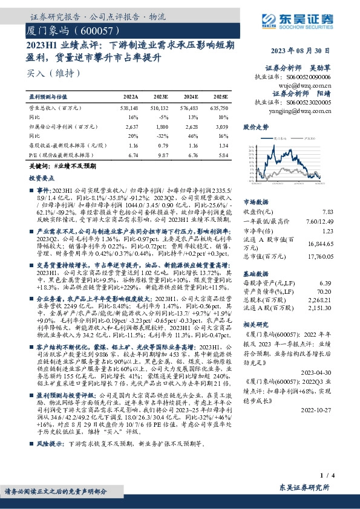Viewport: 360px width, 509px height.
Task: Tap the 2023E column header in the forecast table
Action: tap(161, 97)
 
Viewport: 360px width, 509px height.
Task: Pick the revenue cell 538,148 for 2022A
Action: tap(129, 106)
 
